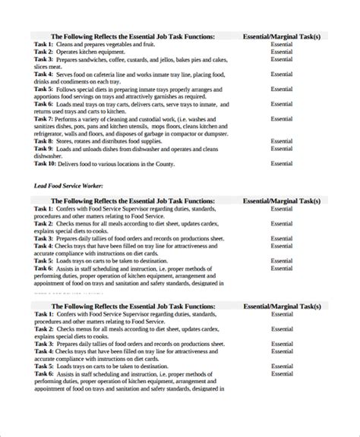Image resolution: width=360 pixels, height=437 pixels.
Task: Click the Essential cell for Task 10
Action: [281, 163]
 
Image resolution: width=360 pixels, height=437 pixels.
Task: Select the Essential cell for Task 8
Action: [281, 141]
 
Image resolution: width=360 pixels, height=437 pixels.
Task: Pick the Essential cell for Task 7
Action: [281, 119]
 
